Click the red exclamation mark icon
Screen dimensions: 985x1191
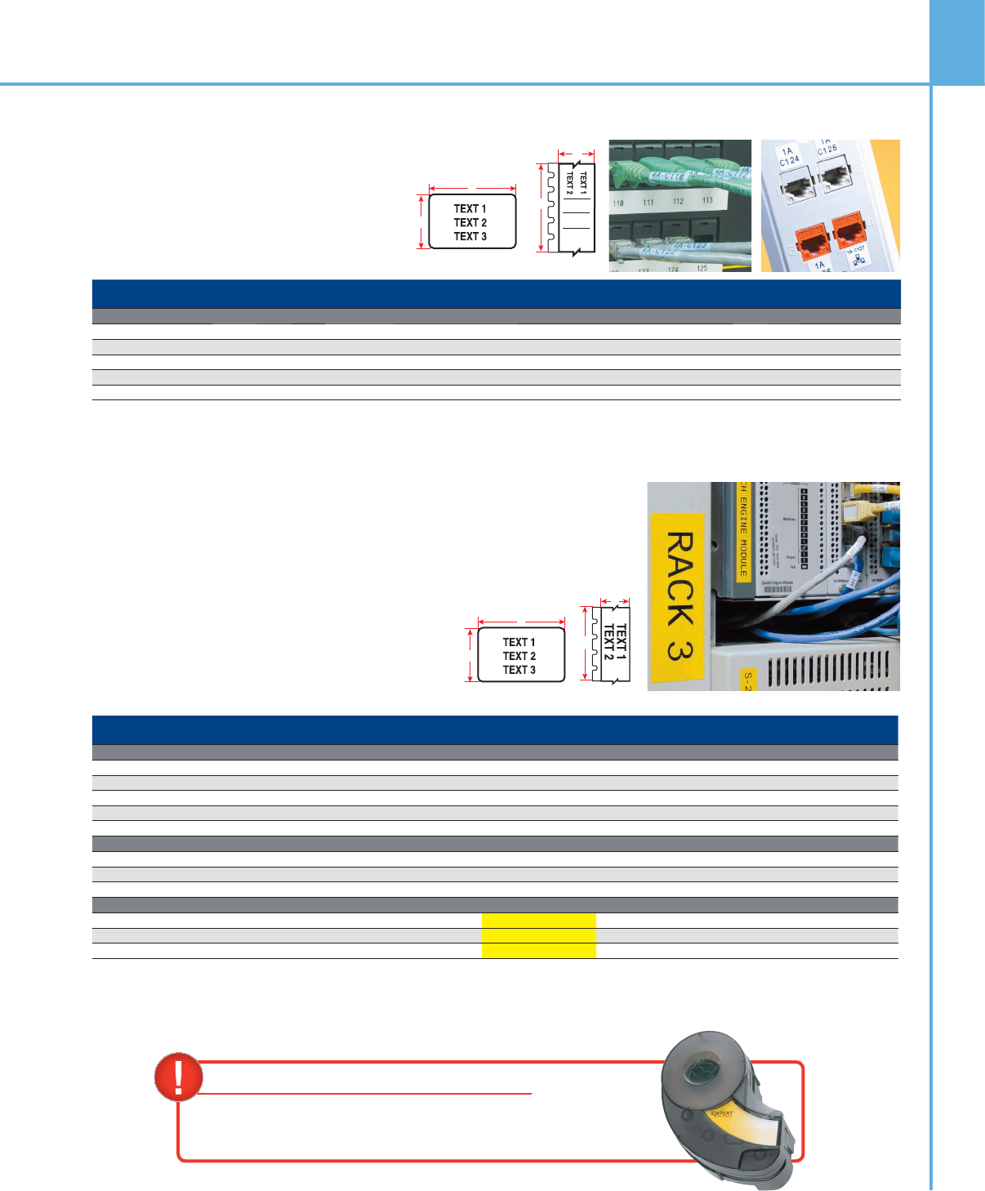point(178,1076)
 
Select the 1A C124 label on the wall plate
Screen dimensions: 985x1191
point(788,157)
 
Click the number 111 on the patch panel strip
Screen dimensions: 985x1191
point(648,203)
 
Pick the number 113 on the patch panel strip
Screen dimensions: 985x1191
point(706,200)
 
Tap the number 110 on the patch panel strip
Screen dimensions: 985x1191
point(618,203)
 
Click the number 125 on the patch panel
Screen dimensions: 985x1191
point(702,268)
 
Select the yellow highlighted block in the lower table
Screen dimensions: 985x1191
point(539,935)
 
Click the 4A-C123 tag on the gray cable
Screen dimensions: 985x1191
point(689,246)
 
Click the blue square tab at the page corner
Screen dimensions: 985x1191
point(957,42)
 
